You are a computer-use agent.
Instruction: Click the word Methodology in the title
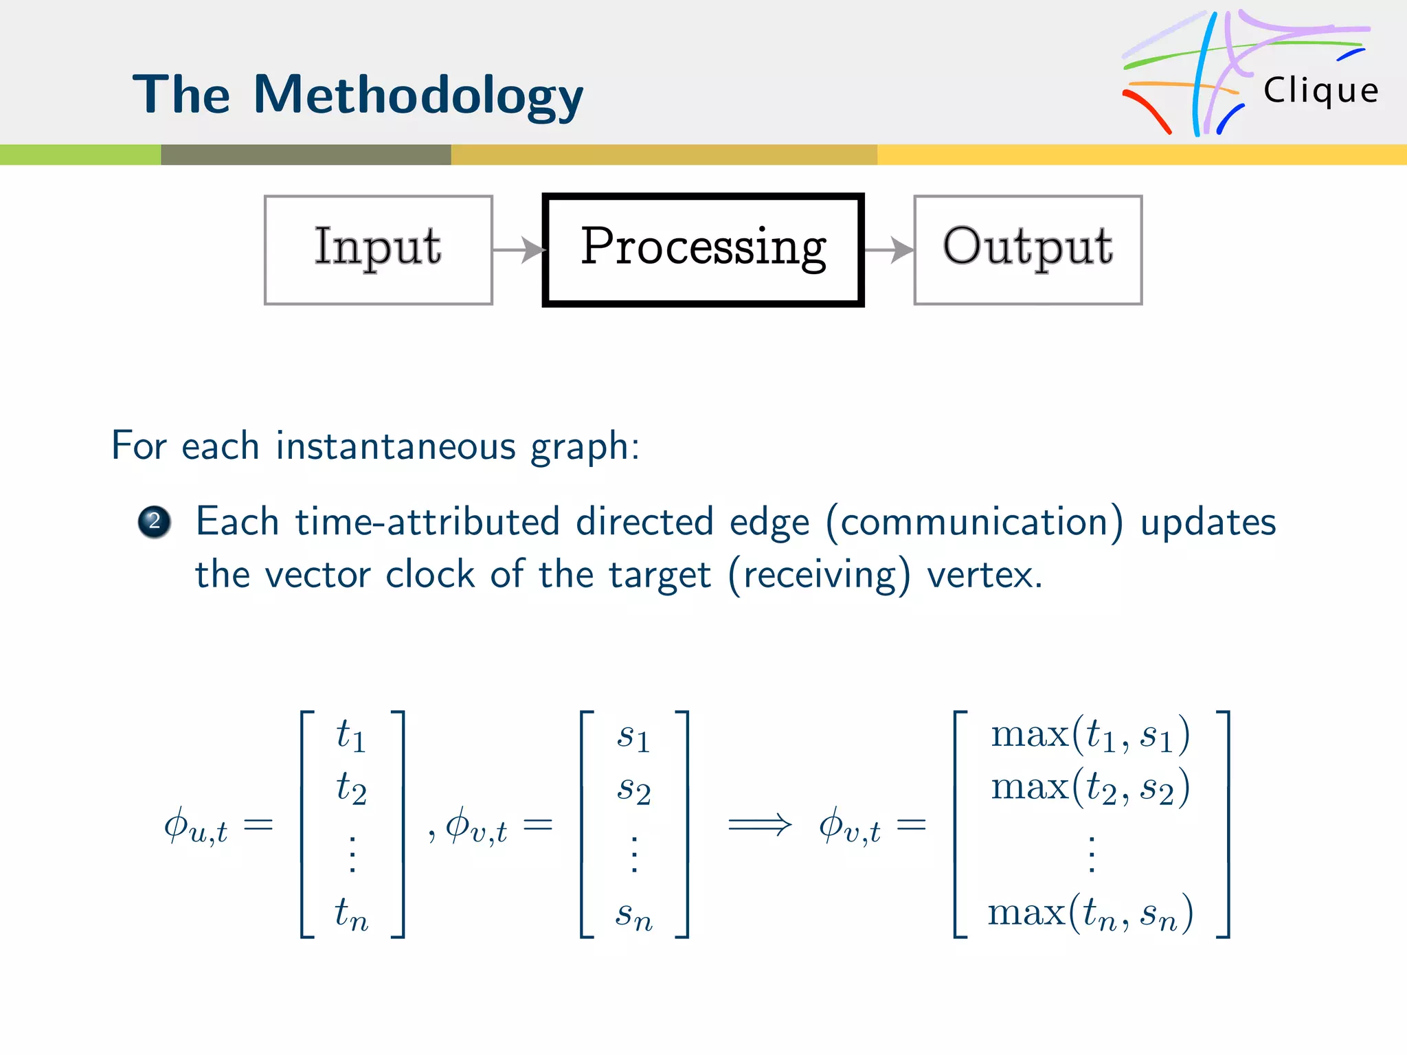click(x=418, y=96)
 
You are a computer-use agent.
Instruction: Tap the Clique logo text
click(x=1320, y=91)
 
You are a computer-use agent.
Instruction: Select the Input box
click(x=378, y=249)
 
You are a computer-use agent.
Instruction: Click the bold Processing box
click(x=703, y=249)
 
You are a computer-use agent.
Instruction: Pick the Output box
click(x=1028, y=249)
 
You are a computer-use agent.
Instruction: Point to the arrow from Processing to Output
click(x=889, y=250)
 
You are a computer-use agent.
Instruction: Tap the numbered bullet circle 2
click(x=154, y=522)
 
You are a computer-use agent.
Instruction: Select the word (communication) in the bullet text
click(x=974, y=522)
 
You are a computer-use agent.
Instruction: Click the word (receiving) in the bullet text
click(x=819, y=575)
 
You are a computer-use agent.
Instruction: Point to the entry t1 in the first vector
click(x=351, y=735)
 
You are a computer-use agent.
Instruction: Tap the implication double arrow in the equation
click(x=759, y=824)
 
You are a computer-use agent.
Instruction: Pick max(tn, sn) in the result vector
click(x=1090, y=914)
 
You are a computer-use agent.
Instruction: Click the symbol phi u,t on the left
click(x=195, y=826)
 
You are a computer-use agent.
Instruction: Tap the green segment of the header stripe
click(x=80, y=155)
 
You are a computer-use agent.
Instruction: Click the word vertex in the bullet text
click(x=984, y=575)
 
